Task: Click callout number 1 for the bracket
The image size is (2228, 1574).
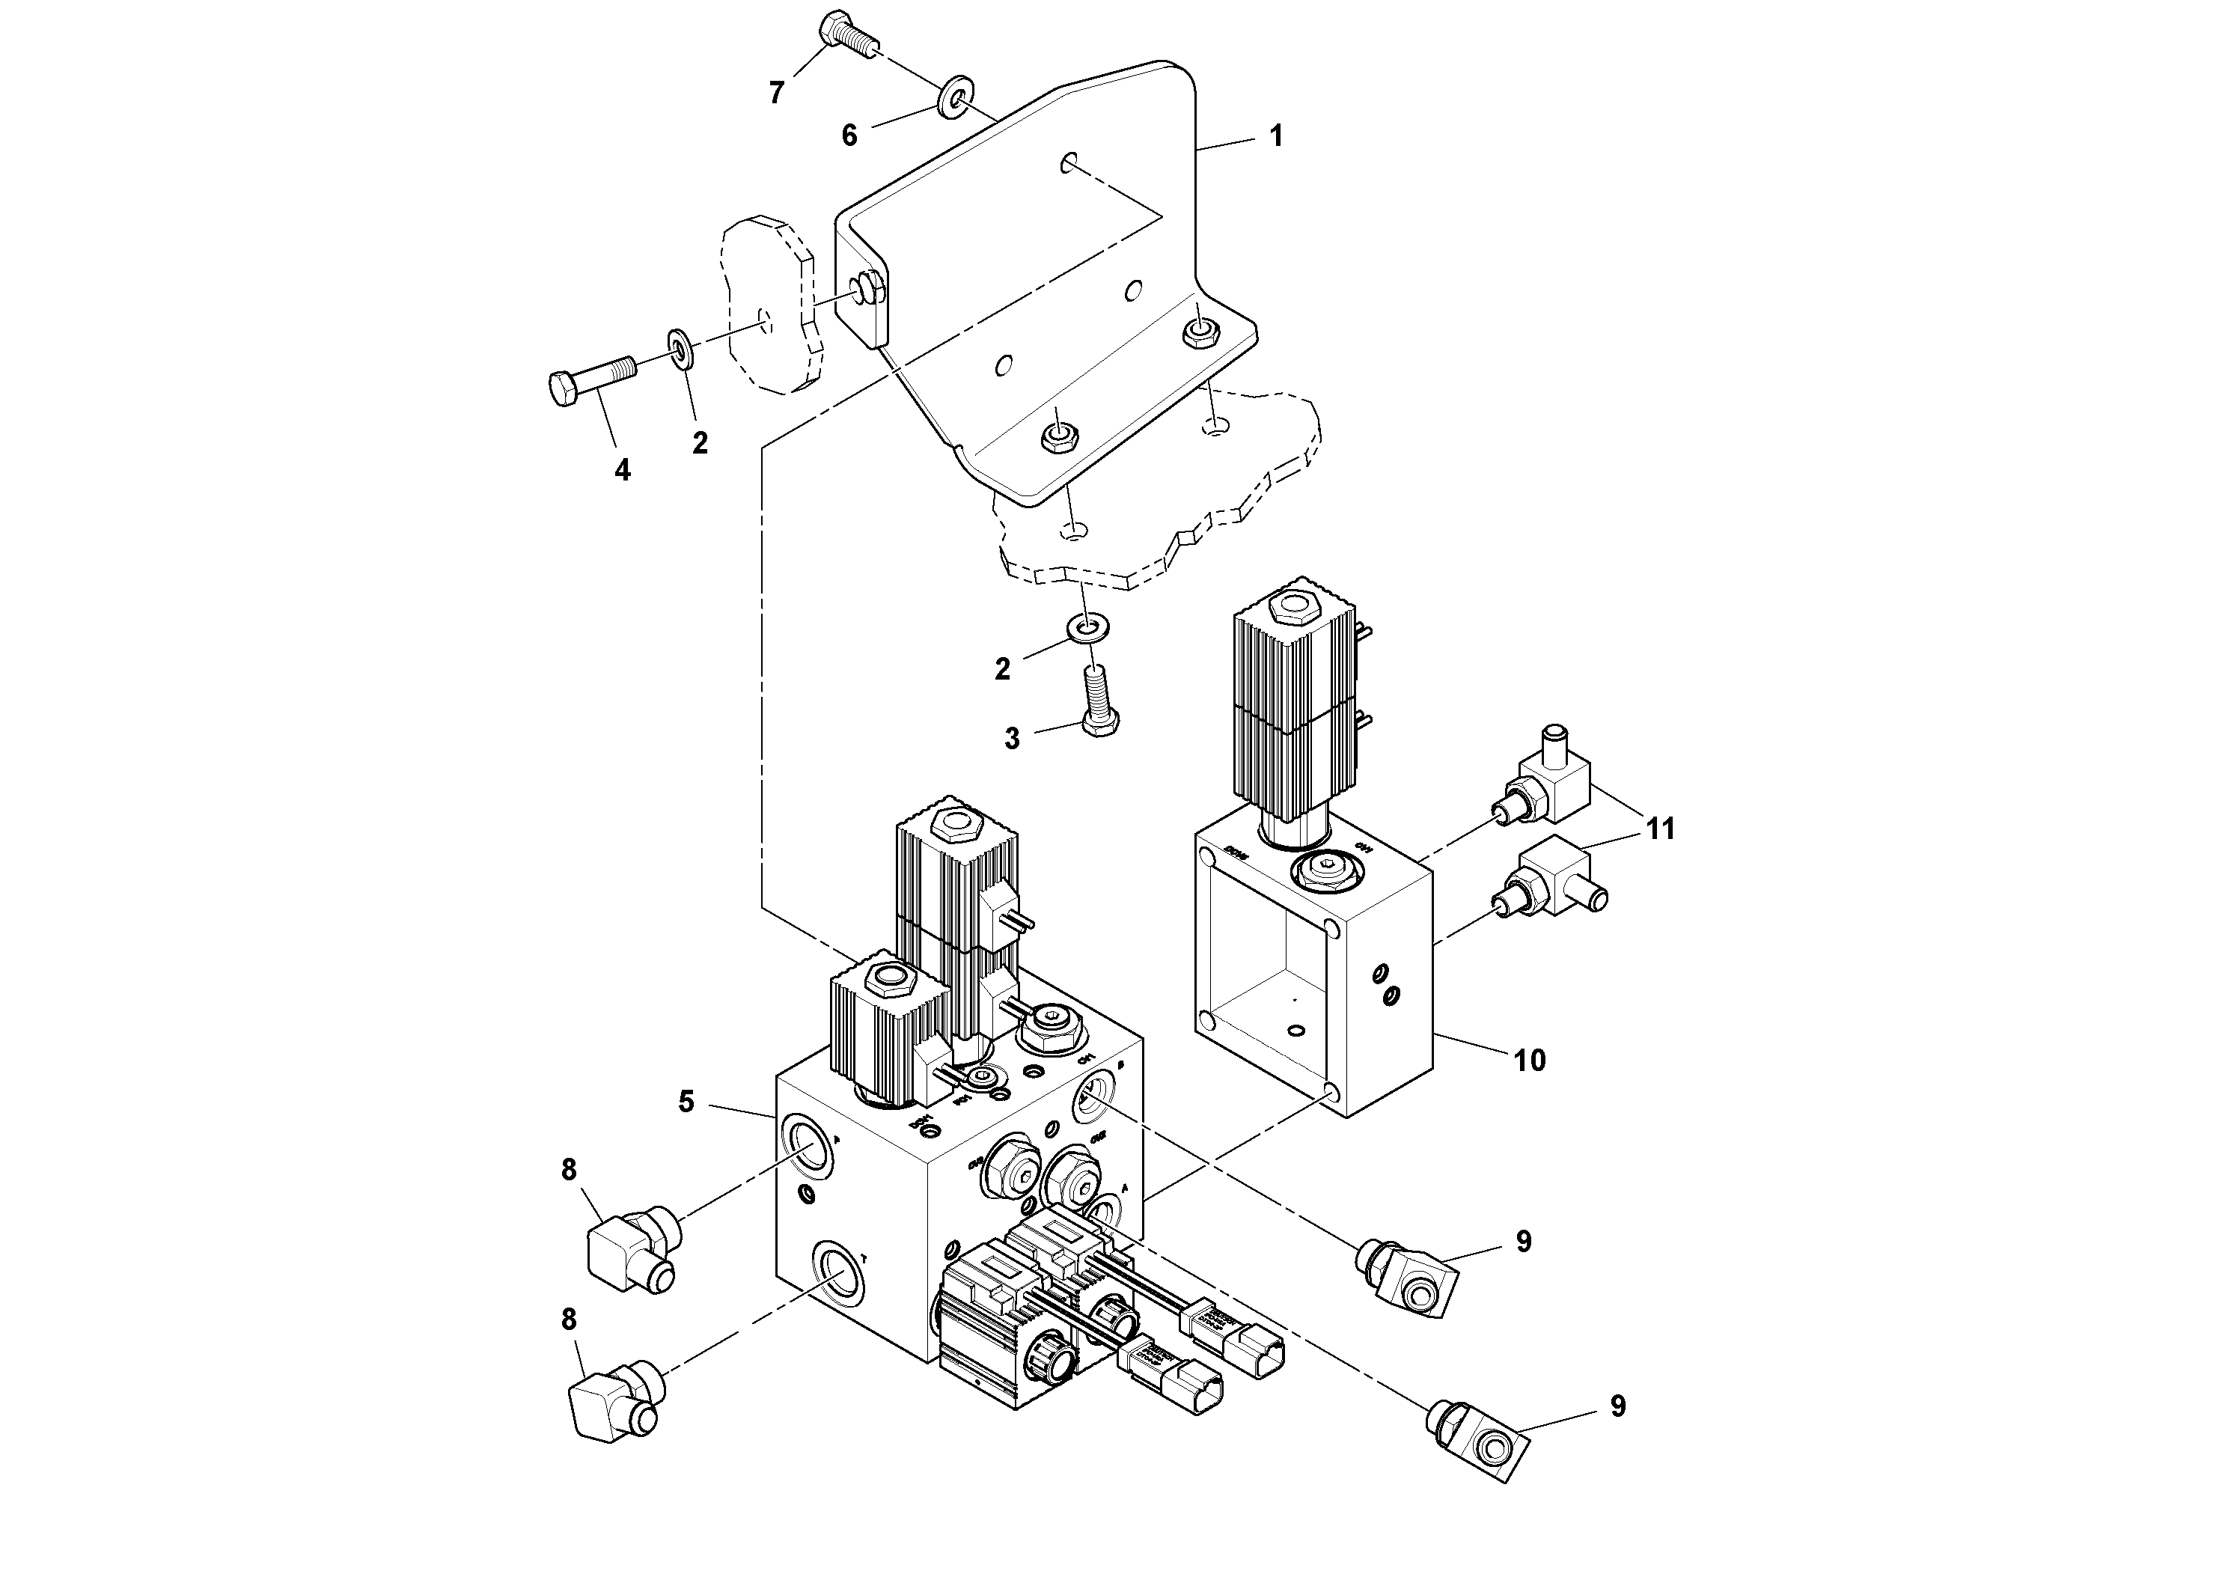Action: click(1276, 137)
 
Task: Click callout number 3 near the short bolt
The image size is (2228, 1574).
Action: click(1012, 739)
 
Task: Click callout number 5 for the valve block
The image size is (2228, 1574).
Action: click(686, 1102)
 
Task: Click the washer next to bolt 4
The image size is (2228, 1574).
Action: click(680, 350)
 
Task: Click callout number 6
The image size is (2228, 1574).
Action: click(849, 136)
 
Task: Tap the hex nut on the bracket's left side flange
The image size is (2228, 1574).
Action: click(866, 288)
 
